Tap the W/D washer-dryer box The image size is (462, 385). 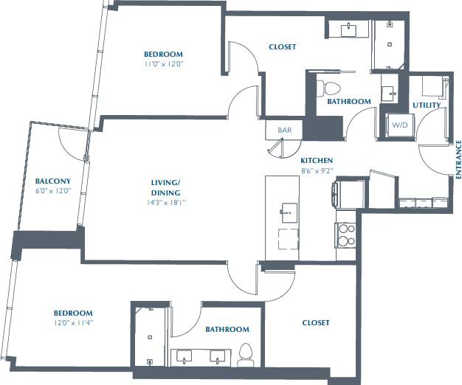(x=400, y=125)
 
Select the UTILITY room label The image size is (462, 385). (x=427, y=105)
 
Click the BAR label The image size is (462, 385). (x=284, y=131)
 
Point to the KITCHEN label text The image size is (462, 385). (x=317, y=160)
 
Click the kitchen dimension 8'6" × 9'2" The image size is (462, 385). (x=317, y=170)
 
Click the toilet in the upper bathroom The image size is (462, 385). (x=323, y=88)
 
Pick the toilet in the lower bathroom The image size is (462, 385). (x=246, y=355)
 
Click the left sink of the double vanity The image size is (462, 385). (x=183, y=357)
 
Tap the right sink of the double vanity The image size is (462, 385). (x=218, y=357)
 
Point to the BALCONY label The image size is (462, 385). (x=53, y=181)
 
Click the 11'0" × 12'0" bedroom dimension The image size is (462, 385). (x=163, y=64)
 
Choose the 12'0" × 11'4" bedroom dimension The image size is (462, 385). (x=72, y=322)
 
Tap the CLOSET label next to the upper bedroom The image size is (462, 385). (x=282, y=47)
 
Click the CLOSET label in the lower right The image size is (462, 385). (x=316, y=323)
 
